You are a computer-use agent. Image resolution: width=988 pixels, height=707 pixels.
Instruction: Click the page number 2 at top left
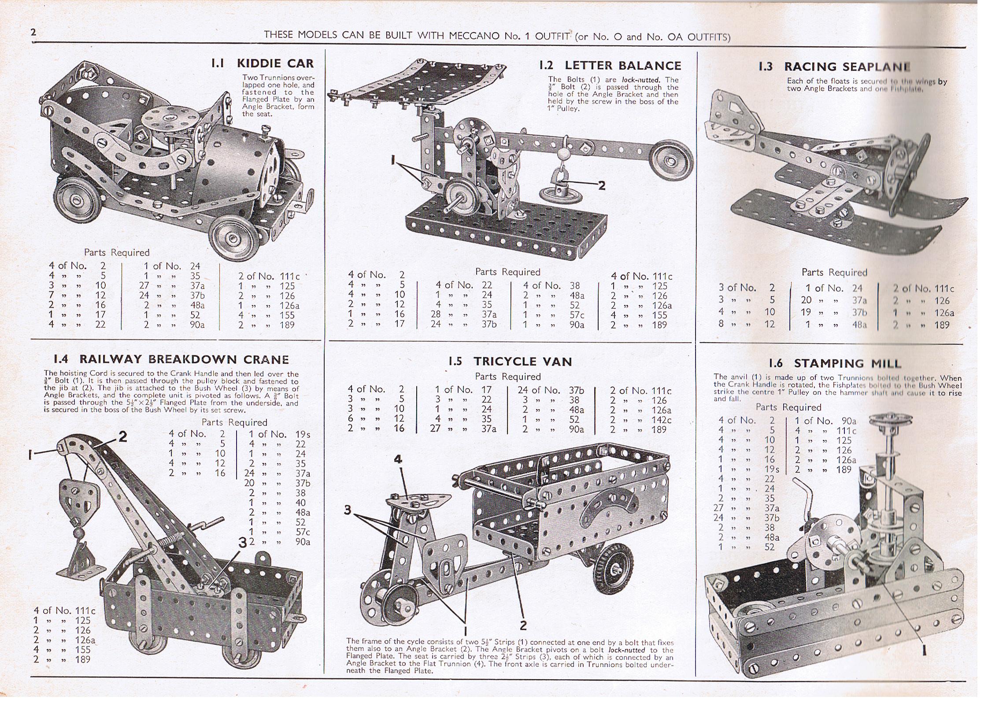point(33,32)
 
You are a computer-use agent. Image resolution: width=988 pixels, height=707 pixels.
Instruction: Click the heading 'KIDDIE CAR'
point(275,63)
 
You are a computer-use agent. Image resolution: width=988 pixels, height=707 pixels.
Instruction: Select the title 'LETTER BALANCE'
point(623,66)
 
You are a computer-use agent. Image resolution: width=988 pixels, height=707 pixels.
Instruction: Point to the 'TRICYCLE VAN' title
point(522,362)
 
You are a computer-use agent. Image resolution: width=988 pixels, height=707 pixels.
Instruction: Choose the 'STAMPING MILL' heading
point(847,363)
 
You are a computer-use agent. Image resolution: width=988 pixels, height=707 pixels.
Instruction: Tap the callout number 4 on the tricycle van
point(398,459)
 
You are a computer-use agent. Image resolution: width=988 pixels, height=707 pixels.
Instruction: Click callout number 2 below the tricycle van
point(523,625)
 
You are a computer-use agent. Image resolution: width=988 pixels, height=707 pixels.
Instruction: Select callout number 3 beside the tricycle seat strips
point(348,510)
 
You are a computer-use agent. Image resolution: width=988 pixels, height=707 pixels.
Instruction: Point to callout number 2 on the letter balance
point(602,185)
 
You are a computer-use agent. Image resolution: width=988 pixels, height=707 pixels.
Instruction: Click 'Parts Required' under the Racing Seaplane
point(834,272)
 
